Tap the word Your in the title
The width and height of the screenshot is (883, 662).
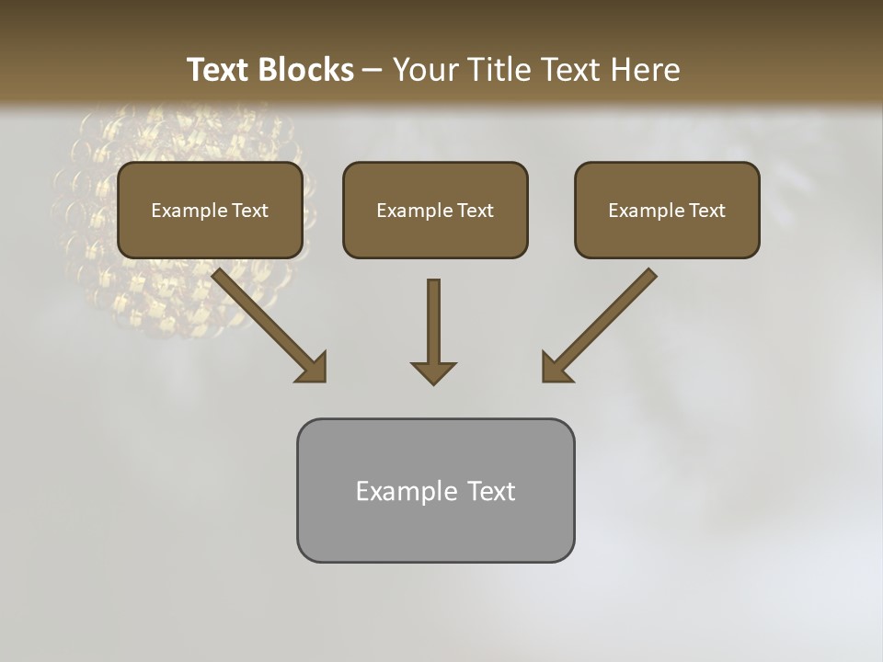[425, 70]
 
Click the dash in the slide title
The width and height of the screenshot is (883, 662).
[373, 71]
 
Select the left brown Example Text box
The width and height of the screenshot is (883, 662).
[210, 211]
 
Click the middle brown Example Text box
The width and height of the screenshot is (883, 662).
[435, 211]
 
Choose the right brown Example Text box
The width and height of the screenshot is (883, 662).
[667, 211]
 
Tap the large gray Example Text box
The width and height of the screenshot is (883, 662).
[435, 491]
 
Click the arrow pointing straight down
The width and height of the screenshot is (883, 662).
[433, 326]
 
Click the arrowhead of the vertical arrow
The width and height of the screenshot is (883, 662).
[433, 372]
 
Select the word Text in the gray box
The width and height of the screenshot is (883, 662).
[491, 491]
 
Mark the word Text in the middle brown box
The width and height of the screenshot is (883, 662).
[475, 211]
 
